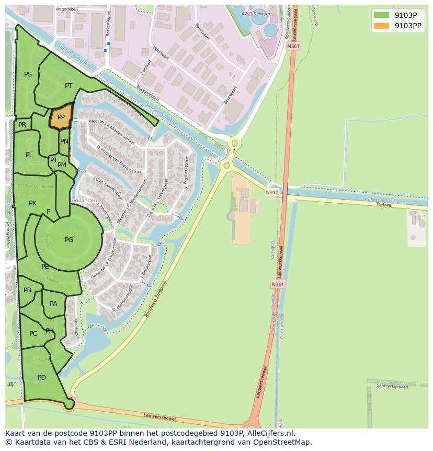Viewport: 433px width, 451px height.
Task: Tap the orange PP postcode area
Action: tap(61, 117)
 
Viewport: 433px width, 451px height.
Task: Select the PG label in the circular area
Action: tap(69, 240)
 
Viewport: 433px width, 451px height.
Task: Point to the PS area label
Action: tap(28, 74)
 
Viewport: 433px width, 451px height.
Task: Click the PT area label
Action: tap(69, 86)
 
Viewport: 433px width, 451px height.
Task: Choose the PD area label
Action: tap(42, 378)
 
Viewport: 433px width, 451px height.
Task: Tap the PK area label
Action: tap(32, 203)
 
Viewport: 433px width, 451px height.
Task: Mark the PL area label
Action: tap(29, 155)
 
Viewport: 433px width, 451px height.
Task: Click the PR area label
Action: tap(22, 125)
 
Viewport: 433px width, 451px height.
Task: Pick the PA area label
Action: tap(53, 304)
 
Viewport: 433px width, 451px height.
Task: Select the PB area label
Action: tap(27, 290)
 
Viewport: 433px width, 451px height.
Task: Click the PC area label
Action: tap(33, 334)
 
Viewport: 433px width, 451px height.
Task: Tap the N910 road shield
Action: tap(272, 192)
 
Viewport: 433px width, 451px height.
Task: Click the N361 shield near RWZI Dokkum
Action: tap(293, 46)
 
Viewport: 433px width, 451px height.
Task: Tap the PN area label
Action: tap(64, 141)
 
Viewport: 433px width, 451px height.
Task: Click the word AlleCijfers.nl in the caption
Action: tap(271, 433)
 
